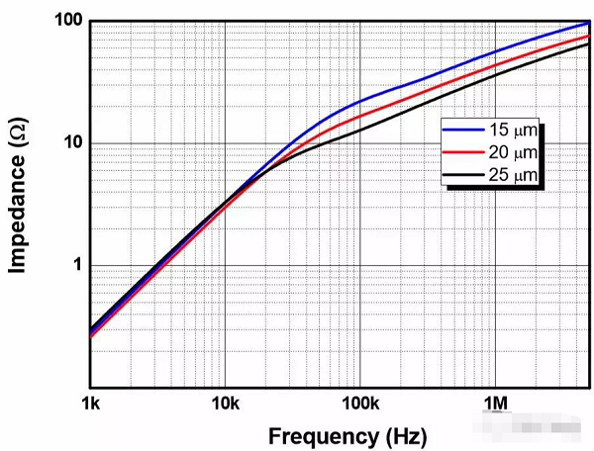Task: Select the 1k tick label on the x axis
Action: [90, 404]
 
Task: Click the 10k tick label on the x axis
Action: [225, 404]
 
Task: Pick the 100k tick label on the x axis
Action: [359, 404]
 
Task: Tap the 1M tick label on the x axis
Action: [495, 404]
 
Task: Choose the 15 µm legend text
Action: [513, 130]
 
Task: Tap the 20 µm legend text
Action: [513, 152]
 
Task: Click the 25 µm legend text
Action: [513, 175]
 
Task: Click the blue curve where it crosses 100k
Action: [359, 102]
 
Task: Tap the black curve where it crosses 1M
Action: [495, 76]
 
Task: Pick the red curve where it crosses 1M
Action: [495, 65]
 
